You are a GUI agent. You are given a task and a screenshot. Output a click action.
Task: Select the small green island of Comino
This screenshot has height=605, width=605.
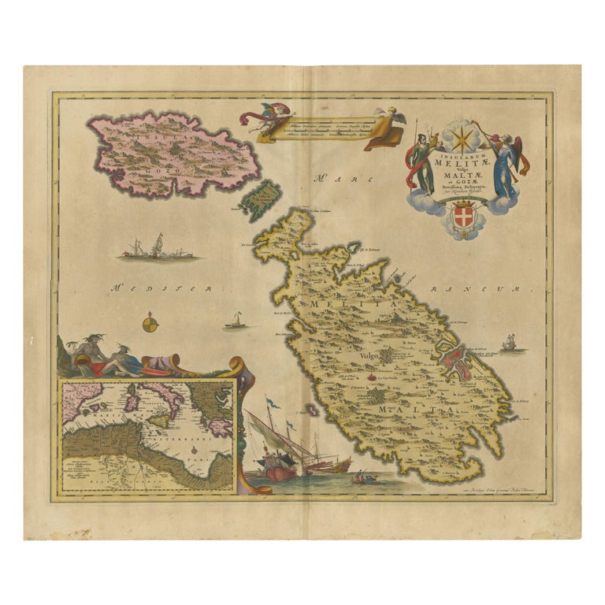pos(261,199)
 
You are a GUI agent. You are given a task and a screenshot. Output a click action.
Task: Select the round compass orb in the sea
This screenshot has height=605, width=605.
pos(149,323)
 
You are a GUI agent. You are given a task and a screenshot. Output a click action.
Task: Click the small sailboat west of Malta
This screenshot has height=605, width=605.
pos(235,321)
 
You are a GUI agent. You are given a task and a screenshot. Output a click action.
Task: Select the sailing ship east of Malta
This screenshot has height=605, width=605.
pos(508,343)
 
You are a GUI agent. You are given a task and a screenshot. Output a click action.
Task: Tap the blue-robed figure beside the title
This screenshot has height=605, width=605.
pos(504,166)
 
